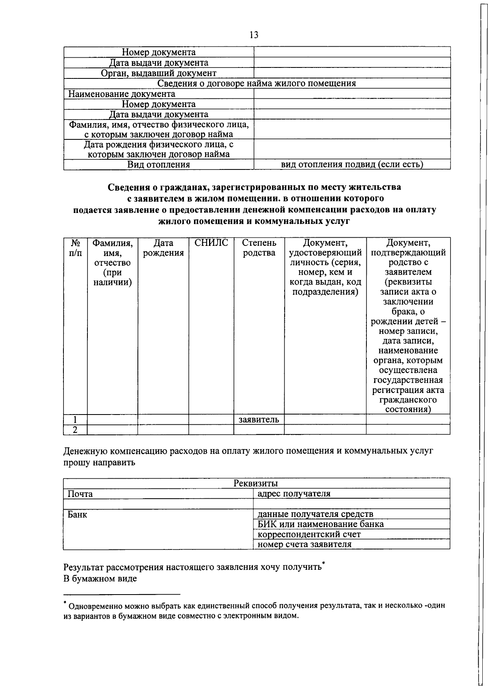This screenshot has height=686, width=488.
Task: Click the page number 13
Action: (x=254, y=35)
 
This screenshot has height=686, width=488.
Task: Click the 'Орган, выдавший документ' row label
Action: (x=159, y=73)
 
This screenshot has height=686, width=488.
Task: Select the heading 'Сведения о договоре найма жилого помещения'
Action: (x=257, y=84)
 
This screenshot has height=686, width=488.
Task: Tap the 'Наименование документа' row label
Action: (x=122, y=94)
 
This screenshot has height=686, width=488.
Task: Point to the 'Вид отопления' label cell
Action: (x=159, y=165)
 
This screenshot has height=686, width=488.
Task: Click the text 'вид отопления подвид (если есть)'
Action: (x=352, y=165)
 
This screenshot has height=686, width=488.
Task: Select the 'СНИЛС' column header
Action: (x=211, y=243)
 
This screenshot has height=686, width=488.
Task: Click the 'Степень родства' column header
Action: (x=259, y=248)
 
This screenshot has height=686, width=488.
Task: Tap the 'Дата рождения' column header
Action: (x=163, y=248)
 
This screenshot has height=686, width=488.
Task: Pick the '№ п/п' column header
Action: (x=75, y=248)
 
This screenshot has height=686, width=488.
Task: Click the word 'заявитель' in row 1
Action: (x=259, y=419)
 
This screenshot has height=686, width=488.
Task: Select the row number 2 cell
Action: (x=75, y=430)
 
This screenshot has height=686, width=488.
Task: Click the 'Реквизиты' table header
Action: (x=256, y=483)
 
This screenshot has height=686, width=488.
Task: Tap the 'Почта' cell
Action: (x=80, y=494)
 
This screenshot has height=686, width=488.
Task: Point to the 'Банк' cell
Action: (x=77, y=514)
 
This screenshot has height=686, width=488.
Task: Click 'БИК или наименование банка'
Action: (x=320, y=524)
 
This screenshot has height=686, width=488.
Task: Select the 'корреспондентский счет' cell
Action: (x=309, y=534)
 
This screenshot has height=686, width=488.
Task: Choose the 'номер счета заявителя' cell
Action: (x=305, y=544)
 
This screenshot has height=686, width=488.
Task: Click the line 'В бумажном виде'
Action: (x=100, y=578)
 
